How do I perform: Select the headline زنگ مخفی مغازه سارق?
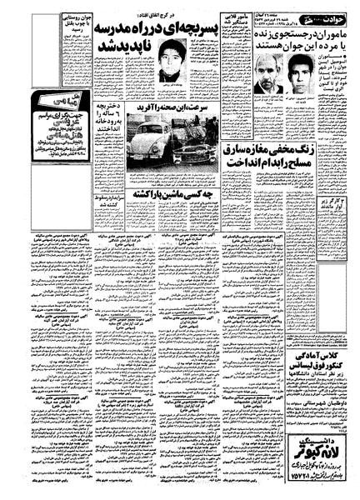[267, 148]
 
